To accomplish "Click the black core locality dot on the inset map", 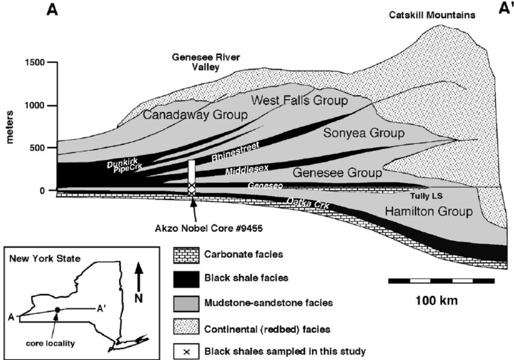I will pyautogui.click(x=56, y=310).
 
